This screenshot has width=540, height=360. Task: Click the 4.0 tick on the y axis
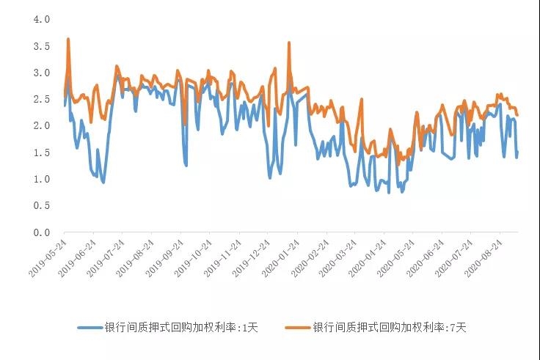[x=41, y=19]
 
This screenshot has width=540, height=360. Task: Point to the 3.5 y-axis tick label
[x=41, y=46]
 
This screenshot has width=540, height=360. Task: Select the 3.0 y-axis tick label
[x=41, y=73]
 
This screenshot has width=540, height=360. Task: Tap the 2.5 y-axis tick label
[x=41, y=99]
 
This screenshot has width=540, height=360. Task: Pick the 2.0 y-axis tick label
[x=41, y=126]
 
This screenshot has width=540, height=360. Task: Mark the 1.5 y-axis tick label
[x=41, y=153]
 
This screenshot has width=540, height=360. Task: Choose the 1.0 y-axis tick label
[x=41, y=179]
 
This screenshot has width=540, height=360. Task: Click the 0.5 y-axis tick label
[x=41, y=206]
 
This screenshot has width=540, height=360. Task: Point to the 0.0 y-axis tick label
[x=41, y=232]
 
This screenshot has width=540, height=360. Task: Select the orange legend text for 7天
[x=390, y=328]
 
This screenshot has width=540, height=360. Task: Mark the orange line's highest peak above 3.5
[x=68, y=40]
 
